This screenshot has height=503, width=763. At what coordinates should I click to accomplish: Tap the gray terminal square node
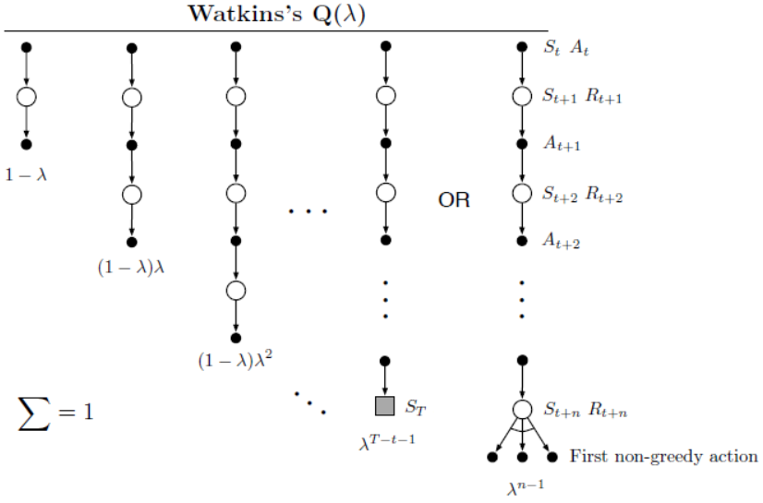pyautogui.click(x=385, y=406)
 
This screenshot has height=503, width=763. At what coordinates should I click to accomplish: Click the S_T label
pyautogui.click(x=417, y=406)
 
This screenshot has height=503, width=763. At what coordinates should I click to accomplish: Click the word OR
pyautogui.click(x=454, y=200)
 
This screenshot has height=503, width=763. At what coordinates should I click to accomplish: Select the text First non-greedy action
pyautogui.click(x=663, y=456)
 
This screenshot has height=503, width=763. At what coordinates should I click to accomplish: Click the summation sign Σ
pyautogui.click(x=32, y=411)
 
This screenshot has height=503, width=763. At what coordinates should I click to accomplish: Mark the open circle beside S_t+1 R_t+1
pyautogui.click(x=522, y=96)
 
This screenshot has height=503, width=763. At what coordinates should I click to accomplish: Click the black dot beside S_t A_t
pyautogui.click(x=522, y=46)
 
